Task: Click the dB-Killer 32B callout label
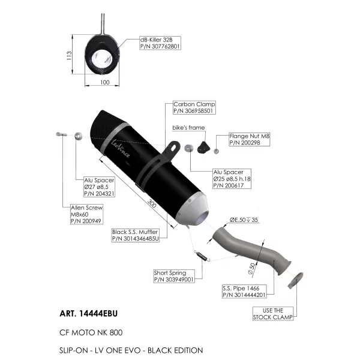(160, 43)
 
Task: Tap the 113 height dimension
(69, 56)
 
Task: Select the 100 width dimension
(104, 82)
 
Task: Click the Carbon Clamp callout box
(194, 107)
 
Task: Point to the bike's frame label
(188, 128)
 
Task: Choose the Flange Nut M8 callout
(250, 139)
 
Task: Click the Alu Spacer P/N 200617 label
(232, 179)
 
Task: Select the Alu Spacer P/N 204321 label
(99, 187)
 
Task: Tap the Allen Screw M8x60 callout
(86, 214)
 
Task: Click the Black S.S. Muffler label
(135, 235)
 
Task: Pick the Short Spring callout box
(174, 276)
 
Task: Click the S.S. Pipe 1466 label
(244, 292)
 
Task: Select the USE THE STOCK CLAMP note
(273, 314)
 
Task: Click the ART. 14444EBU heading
(88, 313)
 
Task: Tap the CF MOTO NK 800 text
(91, 332)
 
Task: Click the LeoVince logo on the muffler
(121, 148)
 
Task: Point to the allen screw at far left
(61, 134)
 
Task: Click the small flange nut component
(216, 151)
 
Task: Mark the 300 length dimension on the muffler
(152, 203)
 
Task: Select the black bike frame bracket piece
(203, 147)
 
